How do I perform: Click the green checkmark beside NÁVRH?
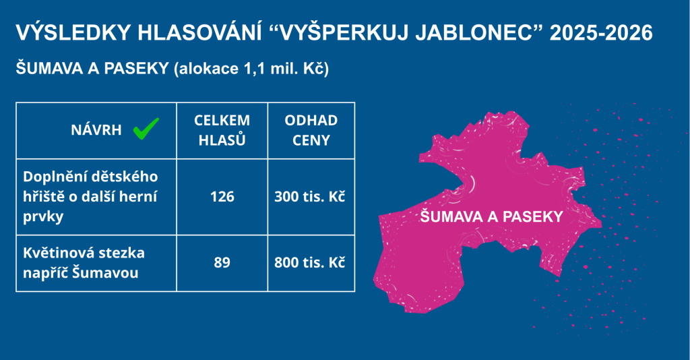click(x=146, y=129)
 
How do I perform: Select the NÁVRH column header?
click(x=96, y=130)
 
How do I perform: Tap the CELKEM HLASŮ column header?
click(x=222, y=130)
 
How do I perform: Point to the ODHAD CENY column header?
click(x=311, y=130)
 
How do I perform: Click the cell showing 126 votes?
click(x=222, y=196)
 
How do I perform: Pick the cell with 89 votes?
click(x=222, y=262)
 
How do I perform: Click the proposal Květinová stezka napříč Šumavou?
click(x=84, y=263)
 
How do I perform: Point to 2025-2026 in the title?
click(x=601, y=33)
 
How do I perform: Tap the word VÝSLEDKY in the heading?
click(x=73, y=33)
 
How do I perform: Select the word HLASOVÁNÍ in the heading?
click(x=199, y=33)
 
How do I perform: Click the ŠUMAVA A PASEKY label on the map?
click(x=491, y=216)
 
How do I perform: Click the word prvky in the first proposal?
click(x=43, y=217)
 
